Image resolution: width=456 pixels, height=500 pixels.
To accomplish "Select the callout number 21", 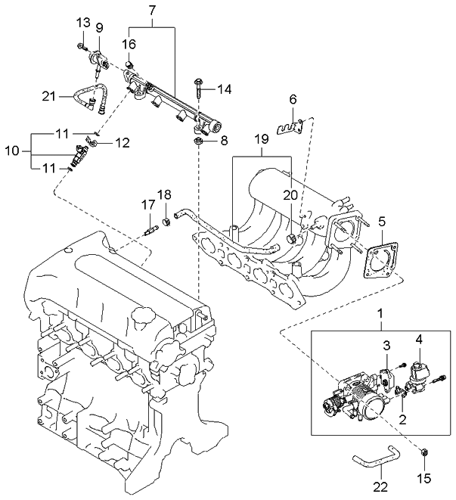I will coord(49,95).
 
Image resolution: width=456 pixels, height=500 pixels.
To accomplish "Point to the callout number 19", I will coord(261,139).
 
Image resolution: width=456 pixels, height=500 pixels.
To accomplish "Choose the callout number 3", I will coord(386,346).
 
